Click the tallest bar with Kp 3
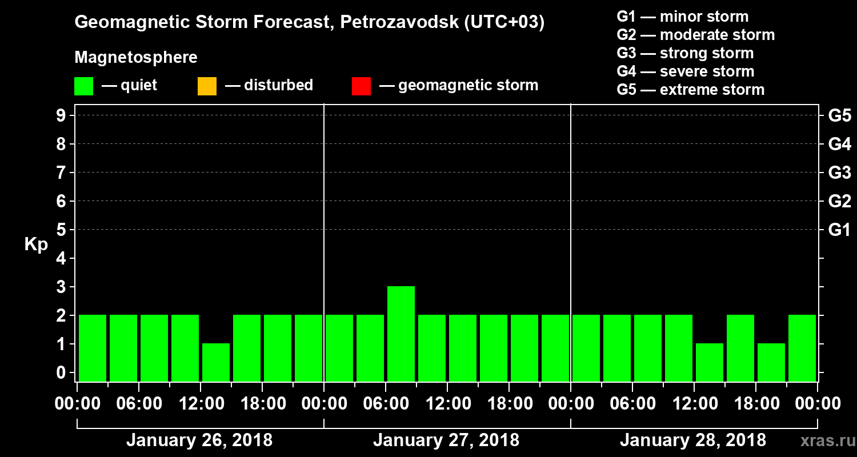[401, 334]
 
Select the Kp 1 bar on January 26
[215, 362]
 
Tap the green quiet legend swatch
[83, 86]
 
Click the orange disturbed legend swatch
[207, 86]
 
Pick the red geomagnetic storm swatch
[361, 86]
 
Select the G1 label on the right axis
[839, 230]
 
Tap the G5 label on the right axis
[839, 116]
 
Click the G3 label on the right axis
[839, 173]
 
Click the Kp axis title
[36, 244]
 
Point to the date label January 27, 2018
[446, 440]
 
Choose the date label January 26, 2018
[199, 440]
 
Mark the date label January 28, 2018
[692, 440]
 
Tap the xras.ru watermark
[823, 440]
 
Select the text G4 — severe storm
[685, 71]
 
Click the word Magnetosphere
[136, 58]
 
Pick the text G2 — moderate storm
[695, 35]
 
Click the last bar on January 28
[802, 348]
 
